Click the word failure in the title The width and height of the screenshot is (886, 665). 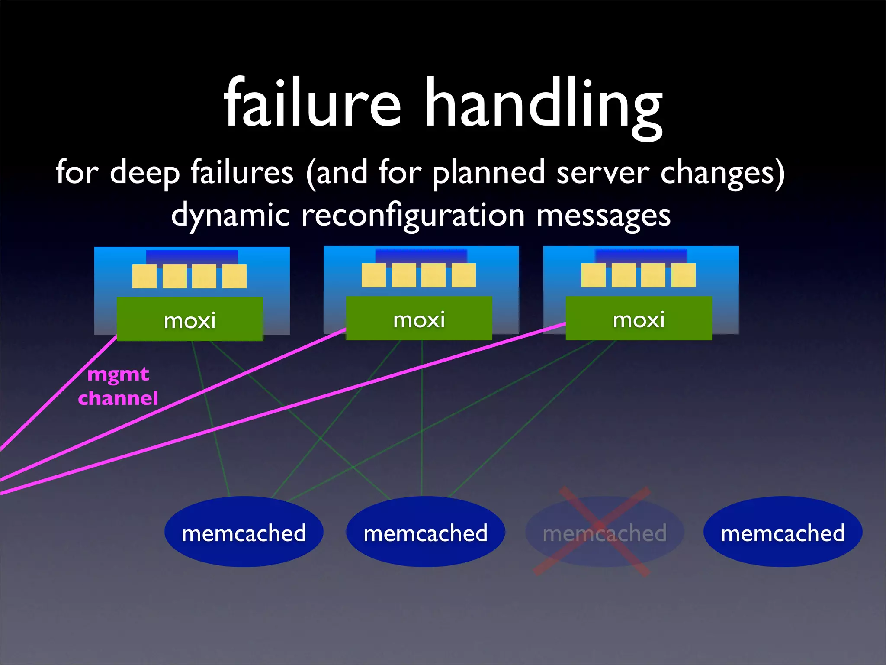(312, 104)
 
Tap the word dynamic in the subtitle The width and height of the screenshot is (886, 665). (230, 216)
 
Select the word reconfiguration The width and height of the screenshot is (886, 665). (413, 216)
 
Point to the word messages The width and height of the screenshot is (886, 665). (604, 216)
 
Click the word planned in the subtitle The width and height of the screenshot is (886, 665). (488, 173)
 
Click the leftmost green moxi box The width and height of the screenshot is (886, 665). (190, 320)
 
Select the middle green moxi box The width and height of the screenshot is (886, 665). (419, 319)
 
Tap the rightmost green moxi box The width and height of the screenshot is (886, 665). (639, 319)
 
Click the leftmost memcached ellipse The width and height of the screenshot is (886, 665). (244, 532)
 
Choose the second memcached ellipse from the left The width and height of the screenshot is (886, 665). (425, 532)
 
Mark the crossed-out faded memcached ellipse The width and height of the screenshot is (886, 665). (604, 532)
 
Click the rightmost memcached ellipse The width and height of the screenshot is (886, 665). (783, 532)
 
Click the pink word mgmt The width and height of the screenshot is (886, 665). (118, 374)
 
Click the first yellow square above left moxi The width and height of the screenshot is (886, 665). (144, 276)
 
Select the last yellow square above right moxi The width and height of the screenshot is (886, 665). (683, 275)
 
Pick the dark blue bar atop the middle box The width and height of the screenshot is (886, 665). (421, 255)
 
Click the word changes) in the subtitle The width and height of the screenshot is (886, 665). (722, 173)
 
